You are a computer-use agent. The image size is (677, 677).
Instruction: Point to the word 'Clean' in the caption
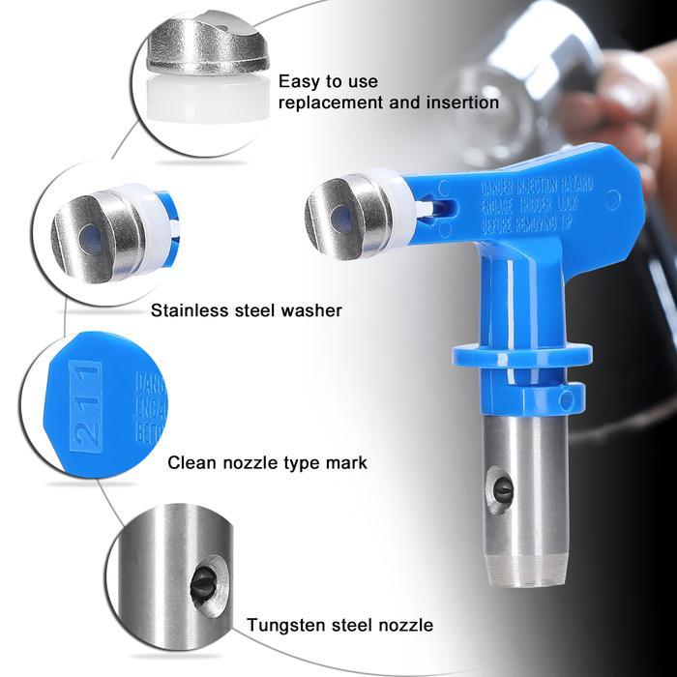click(191, 462)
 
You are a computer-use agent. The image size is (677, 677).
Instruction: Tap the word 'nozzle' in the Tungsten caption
click(403, 625)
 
